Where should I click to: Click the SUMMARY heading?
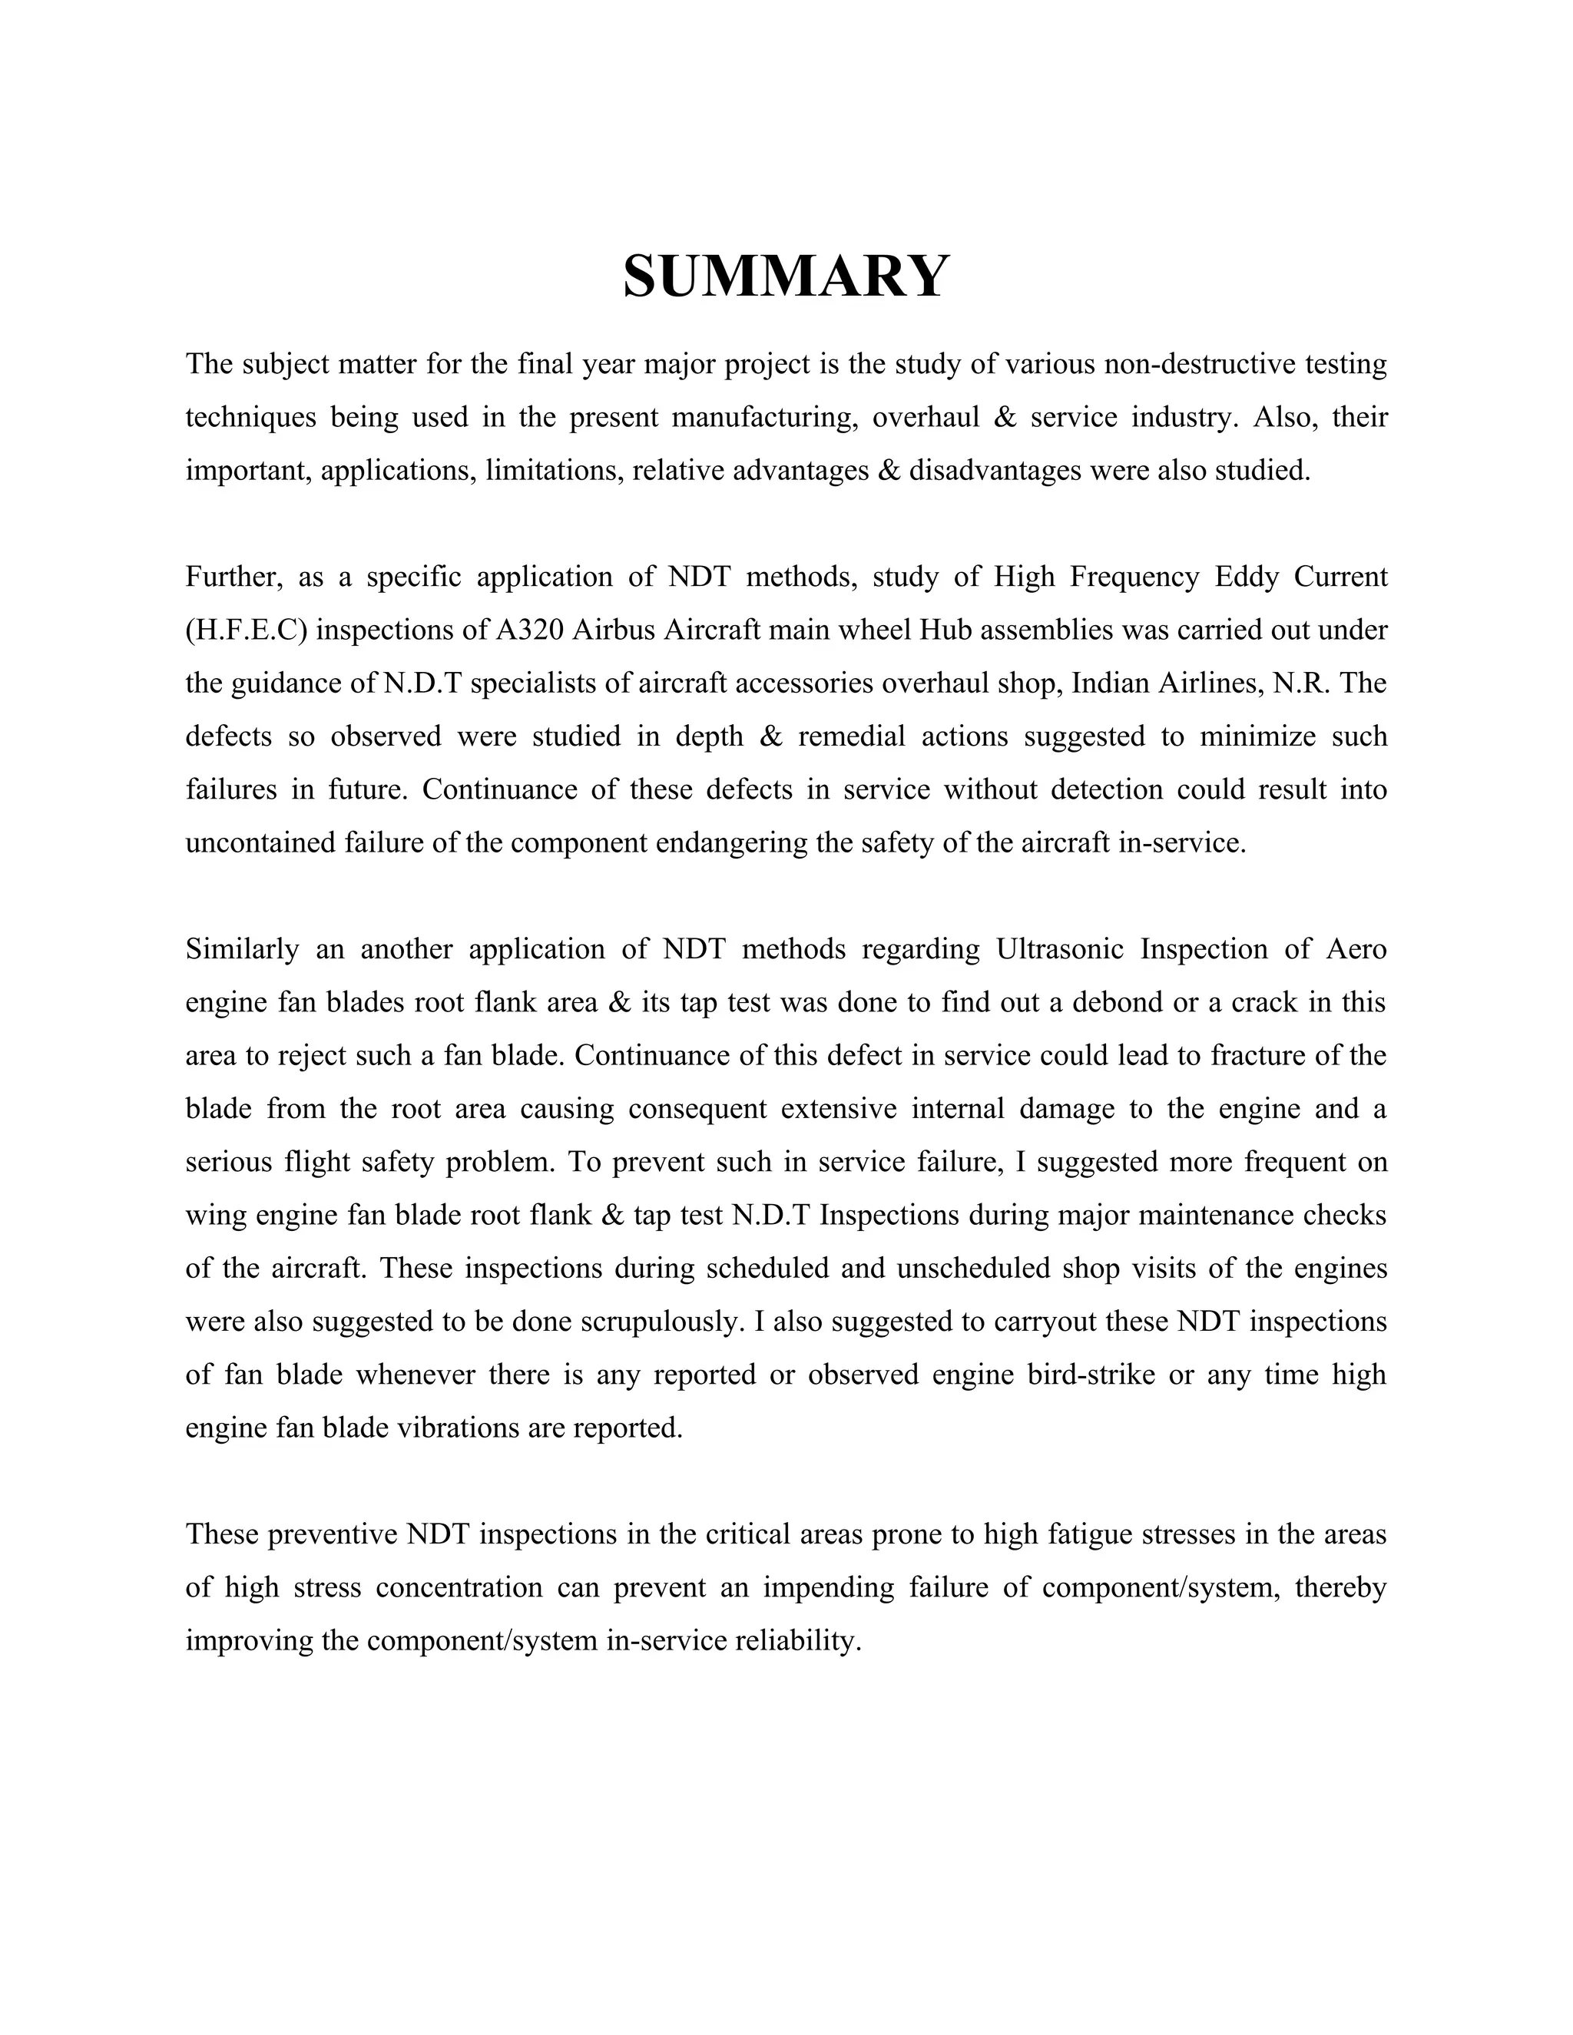tap(786, 276)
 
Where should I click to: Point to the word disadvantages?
tap(995, 471)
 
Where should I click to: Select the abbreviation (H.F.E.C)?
tap(247, 630)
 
